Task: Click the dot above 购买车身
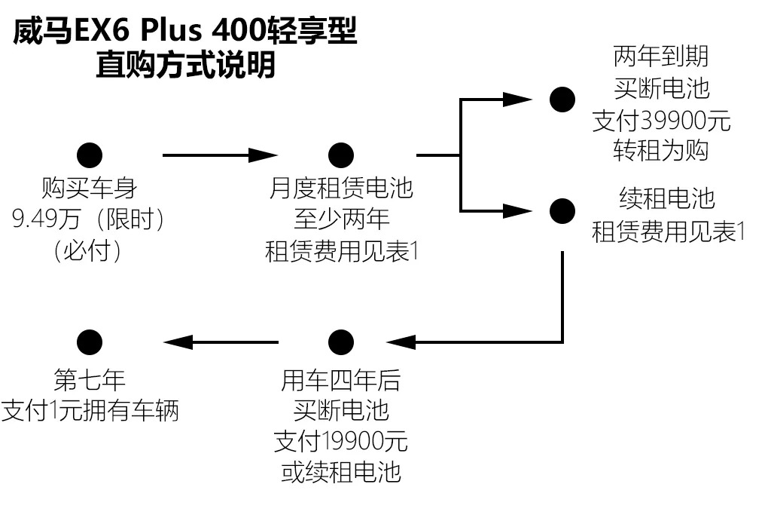(90, 155)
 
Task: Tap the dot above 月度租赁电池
(341, 155)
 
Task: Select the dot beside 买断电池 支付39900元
(562, 100)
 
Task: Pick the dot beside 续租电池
(562, 211)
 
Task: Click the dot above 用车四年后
(341, 342)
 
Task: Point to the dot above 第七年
(90, 342)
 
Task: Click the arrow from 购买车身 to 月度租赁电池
(220, 155)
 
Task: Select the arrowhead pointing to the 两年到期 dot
(517, 100)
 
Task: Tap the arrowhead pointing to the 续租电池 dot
(517, 211)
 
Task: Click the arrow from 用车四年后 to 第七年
(221, 342)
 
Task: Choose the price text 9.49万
(46, 219)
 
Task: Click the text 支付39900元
(661, 121)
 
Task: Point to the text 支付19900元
(341, 441)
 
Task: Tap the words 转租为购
(661, 151)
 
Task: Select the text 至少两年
(342, 219)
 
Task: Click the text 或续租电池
(341, 472)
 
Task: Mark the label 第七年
(90, 380)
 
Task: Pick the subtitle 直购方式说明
(185, 65)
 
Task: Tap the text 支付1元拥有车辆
(90, 411)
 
